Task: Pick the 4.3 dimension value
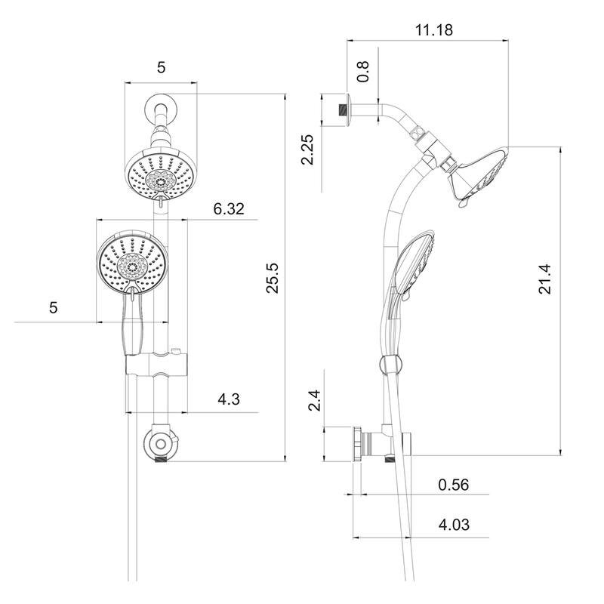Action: tap(226, 400)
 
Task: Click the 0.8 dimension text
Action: tap(364, 72)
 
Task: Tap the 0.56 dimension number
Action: tap(454, 485)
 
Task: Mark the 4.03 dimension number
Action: tap(454, 523)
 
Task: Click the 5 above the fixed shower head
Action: tap(160, 67)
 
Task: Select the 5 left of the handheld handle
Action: tap(53, 307)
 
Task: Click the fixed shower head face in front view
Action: tap(160, 177)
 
